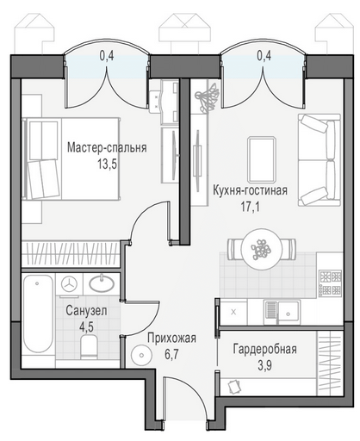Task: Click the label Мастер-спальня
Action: (x=107, y=147)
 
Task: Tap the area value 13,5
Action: (x=107, y=165)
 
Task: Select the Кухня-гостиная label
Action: (x=250, y=190)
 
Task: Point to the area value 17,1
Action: (x=250, y=206)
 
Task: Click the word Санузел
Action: (x=86, y=310)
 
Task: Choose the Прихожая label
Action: (x=171, y=338)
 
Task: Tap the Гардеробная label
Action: (x=264, y=349)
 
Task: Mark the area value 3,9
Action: (x=264, y=365)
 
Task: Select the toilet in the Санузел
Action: (x=90, y=347)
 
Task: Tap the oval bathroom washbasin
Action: (x=102, y=283)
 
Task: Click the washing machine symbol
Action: (x=69, y=283)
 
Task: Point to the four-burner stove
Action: (x=330, y=283)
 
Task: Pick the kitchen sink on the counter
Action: (x=282, y=313)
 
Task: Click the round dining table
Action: (x=261, y=249)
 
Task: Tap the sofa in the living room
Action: (x=320, y=160)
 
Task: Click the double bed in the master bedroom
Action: (x=71, y=158)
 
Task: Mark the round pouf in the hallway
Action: (x=141, y=355)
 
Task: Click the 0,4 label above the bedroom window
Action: (x=107, y=56)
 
